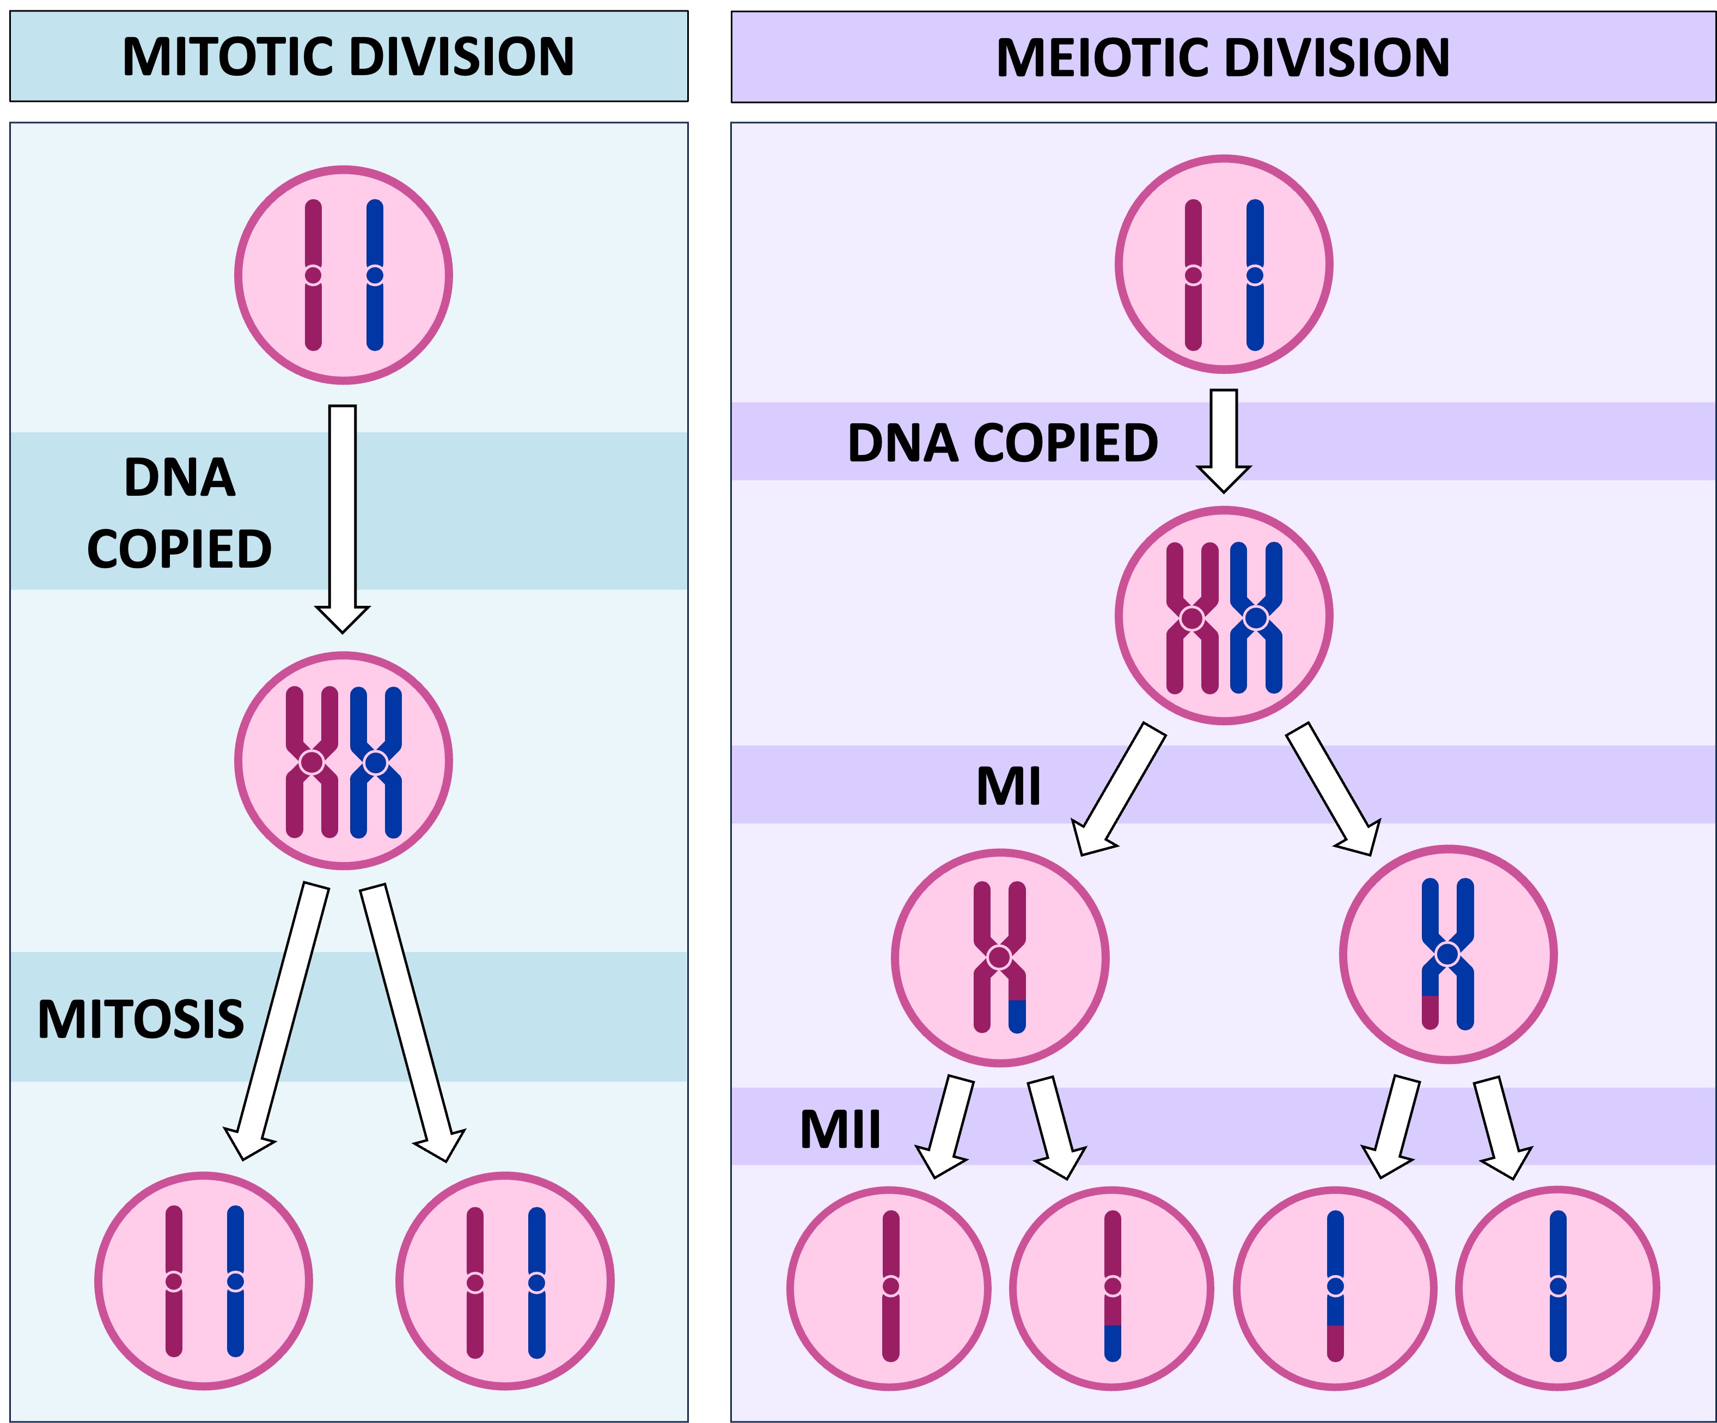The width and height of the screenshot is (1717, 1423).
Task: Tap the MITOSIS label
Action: (x=140, y=1020)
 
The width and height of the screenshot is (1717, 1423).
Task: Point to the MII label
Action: (x=840, y=1130)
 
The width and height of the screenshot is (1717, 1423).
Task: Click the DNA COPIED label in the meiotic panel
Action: (x=1003, y=443)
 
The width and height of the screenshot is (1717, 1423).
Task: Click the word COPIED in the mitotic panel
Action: (x=179, y=550)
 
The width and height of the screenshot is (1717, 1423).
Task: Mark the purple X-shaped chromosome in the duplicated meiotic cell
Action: (x=1192, y=618)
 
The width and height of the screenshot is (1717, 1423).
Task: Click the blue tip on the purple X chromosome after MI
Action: (x=1017, y=1015)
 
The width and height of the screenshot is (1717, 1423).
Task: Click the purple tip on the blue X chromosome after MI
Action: (x=1430, y=1012)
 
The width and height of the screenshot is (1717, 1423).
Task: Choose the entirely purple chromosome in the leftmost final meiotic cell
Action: (x=891, y=1286)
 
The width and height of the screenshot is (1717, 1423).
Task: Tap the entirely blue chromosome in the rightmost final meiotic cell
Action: (x=1559, y=1286)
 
